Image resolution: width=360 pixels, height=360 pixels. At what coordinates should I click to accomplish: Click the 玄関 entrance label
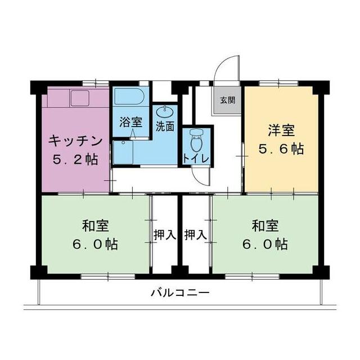(227, 100)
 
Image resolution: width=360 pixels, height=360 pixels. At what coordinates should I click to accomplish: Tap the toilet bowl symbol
(196, 141)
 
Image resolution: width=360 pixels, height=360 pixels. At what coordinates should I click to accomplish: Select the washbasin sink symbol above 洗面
(165, 111)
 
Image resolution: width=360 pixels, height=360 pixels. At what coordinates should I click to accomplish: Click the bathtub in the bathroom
(129, 96)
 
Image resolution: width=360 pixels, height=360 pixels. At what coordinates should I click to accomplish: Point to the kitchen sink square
(80, 98)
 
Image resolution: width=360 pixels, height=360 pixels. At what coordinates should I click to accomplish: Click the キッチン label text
(75, 141)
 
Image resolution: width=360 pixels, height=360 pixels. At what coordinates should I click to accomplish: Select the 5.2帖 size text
(75, 159)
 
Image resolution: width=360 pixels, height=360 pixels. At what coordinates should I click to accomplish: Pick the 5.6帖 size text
(281, 148)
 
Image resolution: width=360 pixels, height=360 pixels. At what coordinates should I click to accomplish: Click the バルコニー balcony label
(180, 292)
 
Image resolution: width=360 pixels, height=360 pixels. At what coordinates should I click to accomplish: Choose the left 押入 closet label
(165, 235)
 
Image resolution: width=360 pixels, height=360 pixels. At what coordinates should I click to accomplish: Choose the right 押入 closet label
(196, 235)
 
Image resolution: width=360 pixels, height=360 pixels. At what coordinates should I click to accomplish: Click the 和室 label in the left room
(96, 226)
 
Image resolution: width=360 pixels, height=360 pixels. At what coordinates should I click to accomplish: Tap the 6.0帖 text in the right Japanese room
(265, 244)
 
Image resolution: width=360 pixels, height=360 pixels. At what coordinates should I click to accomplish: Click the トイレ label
(196, 158)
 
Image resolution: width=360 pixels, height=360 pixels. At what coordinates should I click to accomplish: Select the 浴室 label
(130, 122)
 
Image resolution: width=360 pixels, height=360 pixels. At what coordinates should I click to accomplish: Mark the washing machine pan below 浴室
(123, 152)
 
